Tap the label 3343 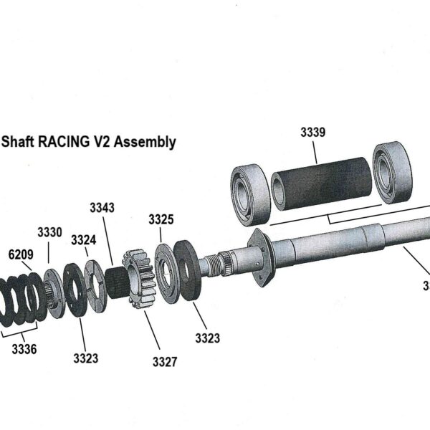point(102,208)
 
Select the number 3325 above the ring point(161,219)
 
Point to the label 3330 point(49,233)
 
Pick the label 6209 point(19,254)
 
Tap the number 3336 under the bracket point(24,350)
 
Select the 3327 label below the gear point(164,361)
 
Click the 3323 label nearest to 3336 point(85,358)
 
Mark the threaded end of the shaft point(212,264)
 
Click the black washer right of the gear point(187,270)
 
